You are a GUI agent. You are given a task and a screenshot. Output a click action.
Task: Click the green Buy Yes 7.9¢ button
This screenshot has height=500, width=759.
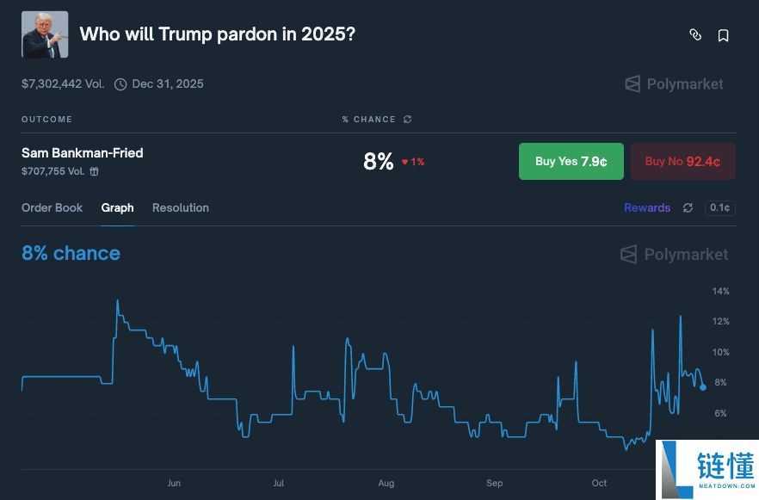click(571, 161)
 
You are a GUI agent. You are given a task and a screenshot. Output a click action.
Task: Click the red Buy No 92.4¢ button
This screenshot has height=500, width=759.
click(683, 161)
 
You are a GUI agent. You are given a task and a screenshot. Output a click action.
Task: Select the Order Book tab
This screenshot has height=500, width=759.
click(52, 207)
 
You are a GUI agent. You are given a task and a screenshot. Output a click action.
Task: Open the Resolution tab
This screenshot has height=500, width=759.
click(181, 207)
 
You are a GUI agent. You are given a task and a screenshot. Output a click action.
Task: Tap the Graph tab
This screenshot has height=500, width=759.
click(117, 208)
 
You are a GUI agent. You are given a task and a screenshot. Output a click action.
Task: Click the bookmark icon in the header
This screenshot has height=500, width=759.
click(723, 35)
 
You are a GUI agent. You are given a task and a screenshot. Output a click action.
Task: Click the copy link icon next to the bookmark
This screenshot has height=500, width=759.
click(695, 34)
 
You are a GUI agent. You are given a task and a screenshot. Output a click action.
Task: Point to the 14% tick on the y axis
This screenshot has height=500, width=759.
click(720, 291)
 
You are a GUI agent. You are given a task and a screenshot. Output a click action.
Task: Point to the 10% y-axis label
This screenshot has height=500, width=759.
click(720, 352)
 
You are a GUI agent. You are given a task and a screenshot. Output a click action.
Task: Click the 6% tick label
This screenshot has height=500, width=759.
click(720, 413)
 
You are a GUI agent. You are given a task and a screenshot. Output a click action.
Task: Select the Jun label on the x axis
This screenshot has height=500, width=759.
click(174, 483)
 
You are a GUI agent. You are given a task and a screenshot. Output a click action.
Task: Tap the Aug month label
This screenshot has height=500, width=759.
click(386, 483)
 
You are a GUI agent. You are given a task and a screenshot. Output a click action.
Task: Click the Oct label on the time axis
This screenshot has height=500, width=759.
click(599, 483)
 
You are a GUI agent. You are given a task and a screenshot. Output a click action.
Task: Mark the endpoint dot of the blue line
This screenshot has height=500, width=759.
click(703, 387)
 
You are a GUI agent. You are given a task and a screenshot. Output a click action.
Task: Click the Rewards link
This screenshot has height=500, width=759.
click(647, 207)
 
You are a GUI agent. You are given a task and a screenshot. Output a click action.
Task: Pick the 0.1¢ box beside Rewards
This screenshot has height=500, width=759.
click(719, 207)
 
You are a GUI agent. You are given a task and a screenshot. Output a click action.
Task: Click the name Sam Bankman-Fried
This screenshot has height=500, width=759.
click(83, 153)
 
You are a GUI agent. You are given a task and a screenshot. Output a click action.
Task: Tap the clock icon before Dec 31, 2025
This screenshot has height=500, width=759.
click(120, 84)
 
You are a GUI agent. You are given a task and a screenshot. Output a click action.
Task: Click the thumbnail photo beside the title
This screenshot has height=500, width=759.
click(45, 34)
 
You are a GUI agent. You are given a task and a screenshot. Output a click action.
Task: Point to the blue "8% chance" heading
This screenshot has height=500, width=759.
click(71, 253)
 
